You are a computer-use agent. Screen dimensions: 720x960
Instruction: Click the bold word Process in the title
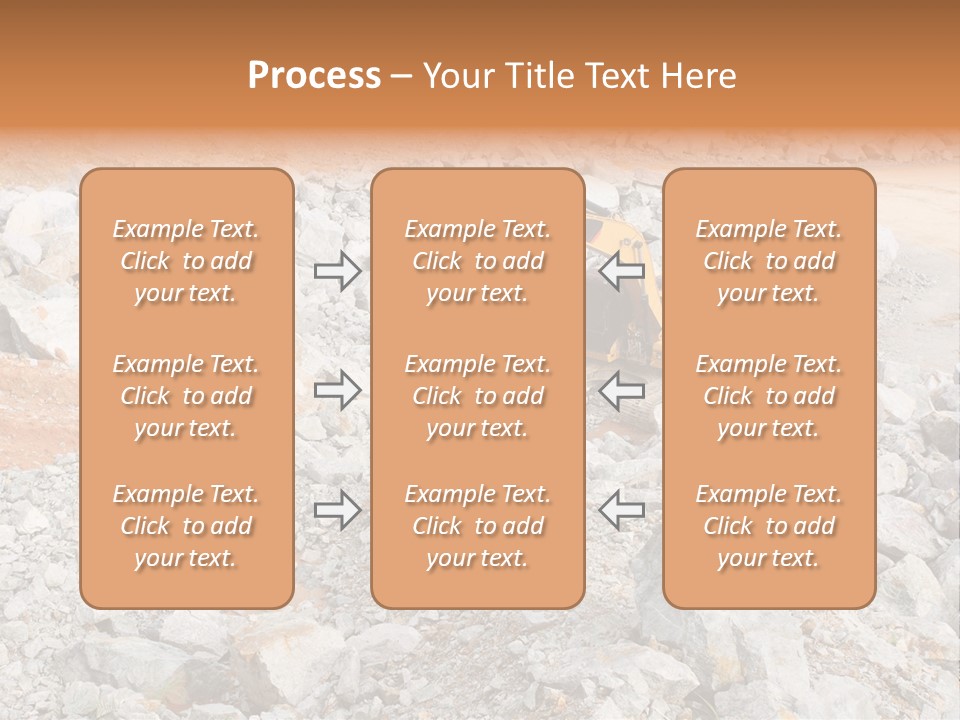(x=314, y=76)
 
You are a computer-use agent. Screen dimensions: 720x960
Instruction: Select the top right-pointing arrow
(x=337, y=270)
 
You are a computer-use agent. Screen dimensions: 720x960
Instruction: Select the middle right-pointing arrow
(x=337, y=390)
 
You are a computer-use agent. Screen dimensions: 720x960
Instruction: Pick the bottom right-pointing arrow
(x=337, y=510)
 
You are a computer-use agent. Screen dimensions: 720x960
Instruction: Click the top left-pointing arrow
(x=622, y=270)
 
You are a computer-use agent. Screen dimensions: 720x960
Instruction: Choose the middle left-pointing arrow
(x=622, y=390)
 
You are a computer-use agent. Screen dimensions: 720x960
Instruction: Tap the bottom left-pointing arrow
(x=622, y=510)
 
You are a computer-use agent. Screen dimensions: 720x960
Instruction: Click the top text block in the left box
(x=186, y=261)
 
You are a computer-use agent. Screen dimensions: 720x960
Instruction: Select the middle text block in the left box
(x=186, y=396)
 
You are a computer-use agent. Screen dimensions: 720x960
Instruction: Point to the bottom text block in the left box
(x=186, y=526)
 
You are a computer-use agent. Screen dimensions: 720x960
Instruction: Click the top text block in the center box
(x=478, y=261)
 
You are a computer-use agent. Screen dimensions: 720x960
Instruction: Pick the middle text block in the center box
(x=478, y=396)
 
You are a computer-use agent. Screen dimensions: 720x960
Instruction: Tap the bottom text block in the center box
(x=478, y=526)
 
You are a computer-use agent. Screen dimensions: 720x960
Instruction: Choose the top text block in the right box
(x=769, y=261)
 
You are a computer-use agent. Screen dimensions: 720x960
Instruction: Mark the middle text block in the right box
(x=769, y=396)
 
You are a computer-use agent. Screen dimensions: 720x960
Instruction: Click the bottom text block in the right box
(x=769, y=526)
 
